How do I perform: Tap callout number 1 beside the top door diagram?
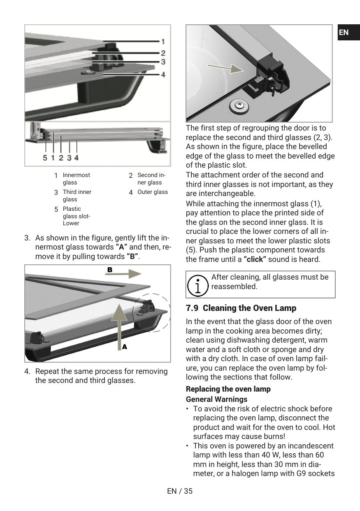163,41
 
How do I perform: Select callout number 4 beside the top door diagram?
163,75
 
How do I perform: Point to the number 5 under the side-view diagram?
45,157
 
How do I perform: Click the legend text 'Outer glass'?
153,192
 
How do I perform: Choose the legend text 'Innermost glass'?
76,179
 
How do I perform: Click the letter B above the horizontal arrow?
110,270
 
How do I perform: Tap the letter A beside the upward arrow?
124,347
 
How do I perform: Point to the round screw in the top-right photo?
238,106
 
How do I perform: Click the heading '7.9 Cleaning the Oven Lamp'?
241,308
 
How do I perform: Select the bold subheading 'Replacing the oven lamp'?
228,389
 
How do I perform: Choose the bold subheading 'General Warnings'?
217,399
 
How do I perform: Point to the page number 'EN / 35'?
180,491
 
